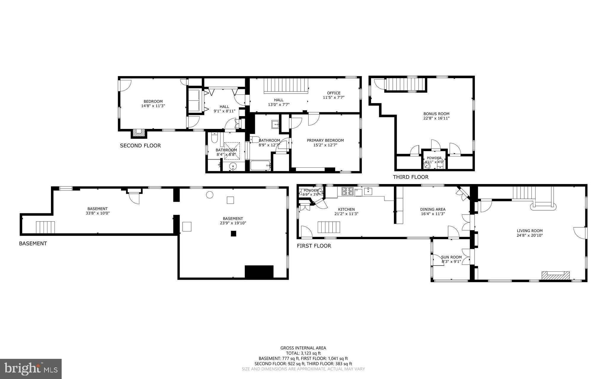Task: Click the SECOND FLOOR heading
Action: (x=140, y=145)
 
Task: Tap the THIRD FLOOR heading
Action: (x=410, y=177)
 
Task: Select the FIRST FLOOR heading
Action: (x=314, y=246)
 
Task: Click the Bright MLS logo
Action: (x=31, y=369)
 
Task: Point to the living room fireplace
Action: (x=555, y=275)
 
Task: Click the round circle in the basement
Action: (x=210, y=195)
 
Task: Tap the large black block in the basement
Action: (x=259, y=272)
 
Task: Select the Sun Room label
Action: (x=451, y=257)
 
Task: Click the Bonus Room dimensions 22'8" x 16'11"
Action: (x=436, y=118)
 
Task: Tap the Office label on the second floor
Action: (x=334, y=93)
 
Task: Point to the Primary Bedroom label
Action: (x=325, y=140)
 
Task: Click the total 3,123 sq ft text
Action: (x=303, y=353)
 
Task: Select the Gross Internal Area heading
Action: (x=303, y=348)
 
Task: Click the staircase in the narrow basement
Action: (x=45, y=227)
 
